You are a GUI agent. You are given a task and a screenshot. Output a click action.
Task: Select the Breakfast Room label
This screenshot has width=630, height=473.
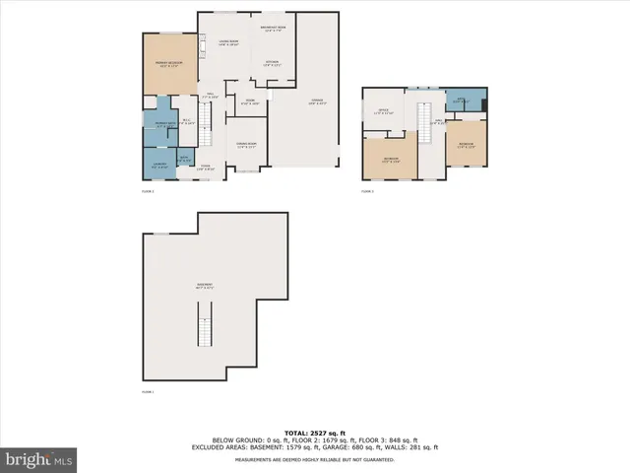pyautogui.click(x=273, y=28)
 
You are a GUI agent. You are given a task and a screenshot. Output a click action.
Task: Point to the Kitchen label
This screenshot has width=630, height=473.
pyautogui.click(x=272, y=63)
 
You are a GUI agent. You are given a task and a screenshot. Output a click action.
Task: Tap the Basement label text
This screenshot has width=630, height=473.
pyautogui.click(x=204, y=286)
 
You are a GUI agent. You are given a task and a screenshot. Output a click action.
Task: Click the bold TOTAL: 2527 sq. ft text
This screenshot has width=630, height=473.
pyautogui.click(x=315, y=432)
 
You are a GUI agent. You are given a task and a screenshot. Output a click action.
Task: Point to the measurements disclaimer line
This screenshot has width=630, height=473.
pyautogui.click(x=315, y=456)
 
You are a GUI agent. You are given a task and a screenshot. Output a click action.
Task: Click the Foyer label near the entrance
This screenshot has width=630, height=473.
pyautogui.click(x=205, y=167)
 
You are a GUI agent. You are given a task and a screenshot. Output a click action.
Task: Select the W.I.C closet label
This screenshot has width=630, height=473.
pyautogui.click(x=188, y=122)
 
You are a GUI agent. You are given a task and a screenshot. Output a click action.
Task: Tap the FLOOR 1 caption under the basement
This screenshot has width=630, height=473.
pyautogui.click(x=148, y=392)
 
